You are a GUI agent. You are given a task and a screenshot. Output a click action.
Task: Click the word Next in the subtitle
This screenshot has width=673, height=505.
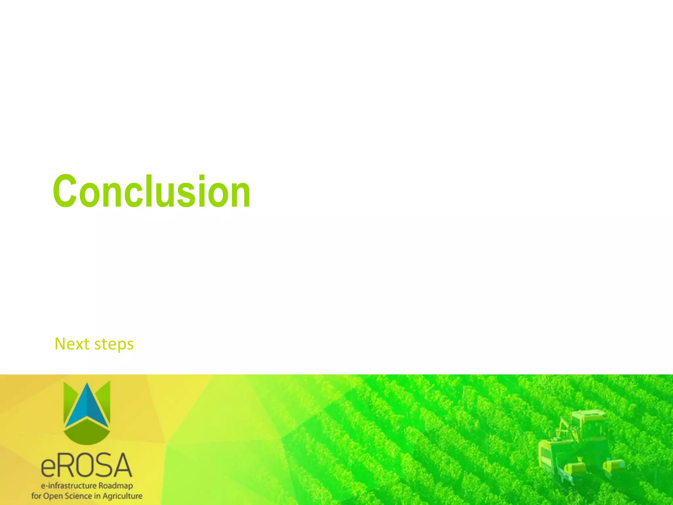coord(72,344)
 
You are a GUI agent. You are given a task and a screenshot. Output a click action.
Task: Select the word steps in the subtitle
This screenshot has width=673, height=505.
coord(114,345)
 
